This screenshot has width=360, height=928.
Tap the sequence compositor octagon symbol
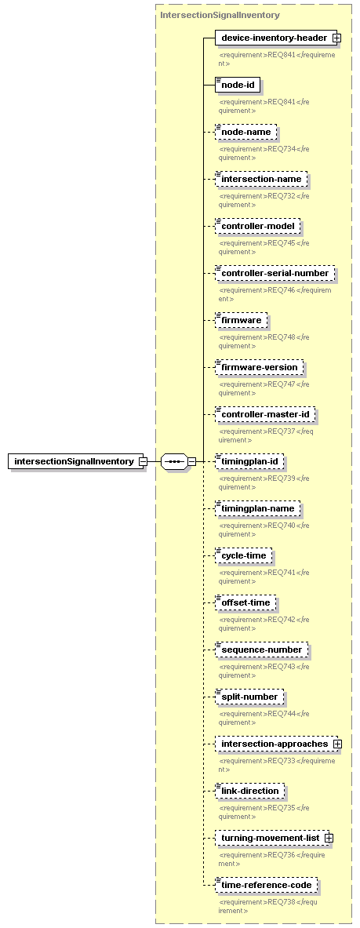(174, 461)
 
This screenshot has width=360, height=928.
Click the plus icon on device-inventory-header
(336, 38)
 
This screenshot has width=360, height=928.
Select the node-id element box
(238, 86)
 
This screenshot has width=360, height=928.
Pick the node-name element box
(245, 132)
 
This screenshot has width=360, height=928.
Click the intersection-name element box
(261, 179)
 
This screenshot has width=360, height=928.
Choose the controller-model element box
(257, 226)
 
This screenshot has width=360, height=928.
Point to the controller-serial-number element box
(275, 273)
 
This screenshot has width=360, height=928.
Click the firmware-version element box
(260, 367)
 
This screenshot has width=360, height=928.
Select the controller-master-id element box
(264, 414)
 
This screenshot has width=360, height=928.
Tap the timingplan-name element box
(257, 508)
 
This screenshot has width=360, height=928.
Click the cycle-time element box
(243, 555)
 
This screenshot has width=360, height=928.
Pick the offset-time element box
(245, 602)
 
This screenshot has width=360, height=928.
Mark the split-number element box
(249, 697)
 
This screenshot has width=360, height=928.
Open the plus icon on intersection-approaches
(337, 744)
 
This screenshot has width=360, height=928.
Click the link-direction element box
(250, 791)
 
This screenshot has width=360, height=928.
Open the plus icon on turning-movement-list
(329, 838)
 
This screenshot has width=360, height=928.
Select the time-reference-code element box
(267, 885)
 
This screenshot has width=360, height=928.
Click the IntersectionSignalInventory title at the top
(220, 15)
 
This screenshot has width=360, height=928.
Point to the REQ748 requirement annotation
(264, 341)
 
